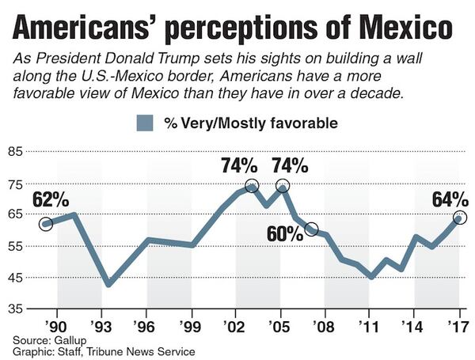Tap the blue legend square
[143, 123]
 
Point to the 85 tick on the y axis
[17, 153]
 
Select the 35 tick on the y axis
[17, 309]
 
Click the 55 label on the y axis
[17, 247]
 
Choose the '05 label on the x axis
[277, 325]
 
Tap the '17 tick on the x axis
[454, 325]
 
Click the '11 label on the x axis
[366, 325]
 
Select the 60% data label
[284, 234]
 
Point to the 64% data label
[450, 199]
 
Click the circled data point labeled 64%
[459, 218]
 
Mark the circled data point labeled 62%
[45, 224]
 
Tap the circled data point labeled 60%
[311, 229]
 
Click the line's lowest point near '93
[109, 283]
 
